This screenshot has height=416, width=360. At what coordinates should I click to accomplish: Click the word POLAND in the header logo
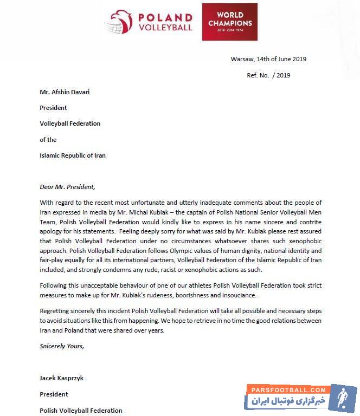coord(165,17)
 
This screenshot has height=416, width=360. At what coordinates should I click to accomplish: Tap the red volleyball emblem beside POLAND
coord(120,22)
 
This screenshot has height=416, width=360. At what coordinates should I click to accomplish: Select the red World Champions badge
coord(230,22)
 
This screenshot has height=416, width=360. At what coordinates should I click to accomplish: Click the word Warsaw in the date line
coord(241,59)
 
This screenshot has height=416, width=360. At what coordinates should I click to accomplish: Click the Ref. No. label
coord(258,75)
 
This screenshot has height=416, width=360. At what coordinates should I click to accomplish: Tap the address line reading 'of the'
coord(48,139)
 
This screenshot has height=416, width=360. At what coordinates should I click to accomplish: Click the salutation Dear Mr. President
coord(67,187)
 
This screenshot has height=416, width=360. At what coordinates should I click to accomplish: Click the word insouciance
coord(236,295)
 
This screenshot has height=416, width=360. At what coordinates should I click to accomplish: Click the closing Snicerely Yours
coord(62,345)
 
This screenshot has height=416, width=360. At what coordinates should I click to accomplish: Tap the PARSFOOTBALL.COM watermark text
coord(287,389)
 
